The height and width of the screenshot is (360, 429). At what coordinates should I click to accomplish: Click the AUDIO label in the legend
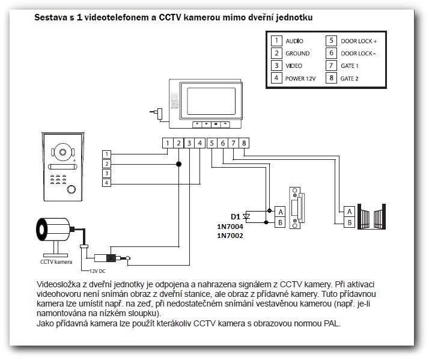click(x=294, y=41)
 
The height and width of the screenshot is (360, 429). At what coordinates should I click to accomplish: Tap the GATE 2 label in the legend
click(x=349, y=78)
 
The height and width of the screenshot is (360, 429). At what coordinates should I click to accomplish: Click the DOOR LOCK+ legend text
click(x=359, y=41)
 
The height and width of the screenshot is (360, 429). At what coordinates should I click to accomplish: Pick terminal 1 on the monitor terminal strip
click(x=168, y=143)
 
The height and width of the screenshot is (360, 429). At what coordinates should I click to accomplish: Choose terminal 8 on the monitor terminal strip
click(x=244, y=143)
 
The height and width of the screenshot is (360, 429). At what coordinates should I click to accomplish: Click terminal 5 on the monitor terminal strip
click(x=211, y=143)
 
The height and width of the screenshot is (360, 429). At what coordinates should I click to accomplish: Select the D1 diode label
click(x=236, y=216)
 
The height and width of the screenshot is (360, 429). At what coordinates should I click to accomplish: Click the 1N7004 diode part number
click(x=230, y=226)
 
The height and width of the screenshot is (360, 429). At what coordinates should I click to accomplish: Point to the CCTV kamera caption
click(x=56, y=262)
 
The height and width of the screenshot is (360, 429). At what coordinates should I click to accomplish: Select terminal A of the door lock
click(x=279, y=212)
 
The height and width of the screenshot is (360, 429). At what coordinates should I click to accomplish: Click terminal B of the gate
click(x=349, y=222)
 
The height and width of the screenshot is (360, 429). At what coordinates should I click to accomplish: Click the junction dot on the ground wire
click(x=178, y=163)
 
